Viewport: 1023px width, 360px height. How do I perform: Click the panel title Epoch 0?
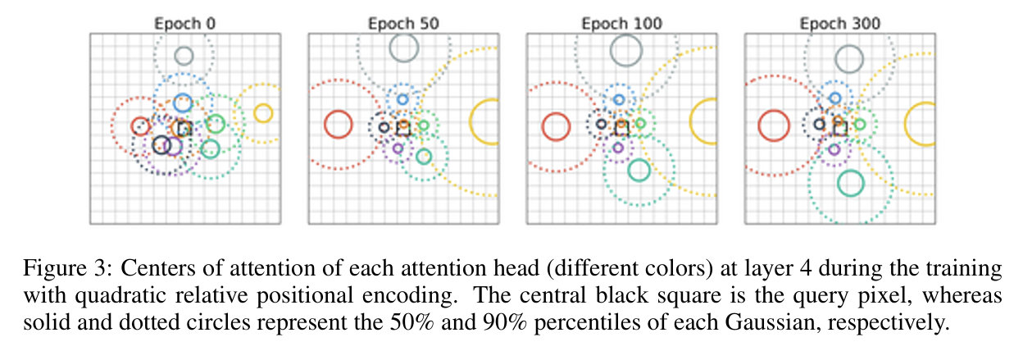[x=185, y=23]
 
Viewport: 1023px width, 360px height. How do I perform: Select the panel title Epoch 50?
[x=403, y=23]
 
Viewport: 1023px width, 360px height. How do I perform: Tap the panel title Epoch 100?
[x=621, y=23]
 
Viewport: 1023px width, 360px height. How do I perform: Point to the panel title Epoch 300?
[x=840, y=23]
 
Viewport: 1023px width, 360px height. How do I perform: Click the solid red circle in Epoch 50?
[x=337, y=125]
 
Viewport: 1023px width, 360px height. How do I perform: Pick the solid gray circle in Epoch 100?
[x=625, y=52]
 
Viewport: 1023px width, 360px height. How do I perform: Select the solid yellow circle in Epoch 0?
[x=262, y=113]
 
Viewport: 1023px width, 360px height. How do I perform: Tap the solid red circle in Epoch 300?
[x=772, y=125]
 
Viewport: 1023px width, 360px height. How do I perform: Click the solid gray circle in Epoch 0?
[x=184, y=56]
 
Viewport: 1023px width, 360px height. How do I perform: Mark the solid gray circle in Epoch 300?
[x=848, y=59]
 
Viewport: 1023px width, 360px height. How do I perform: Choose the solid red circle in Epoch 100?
[x=556, y=126]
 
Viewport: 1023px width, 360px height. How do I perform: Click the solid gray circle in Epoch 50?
[x=403, y=48]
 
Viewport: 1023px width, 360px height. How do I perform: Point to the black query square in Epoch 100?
[x=621, y=128]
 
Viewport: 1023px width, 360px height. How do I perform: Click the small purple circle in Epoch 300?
[x=834, y=149]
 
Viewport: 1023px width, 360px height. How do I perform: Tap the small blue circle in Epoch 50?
[x=402, y=99]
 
